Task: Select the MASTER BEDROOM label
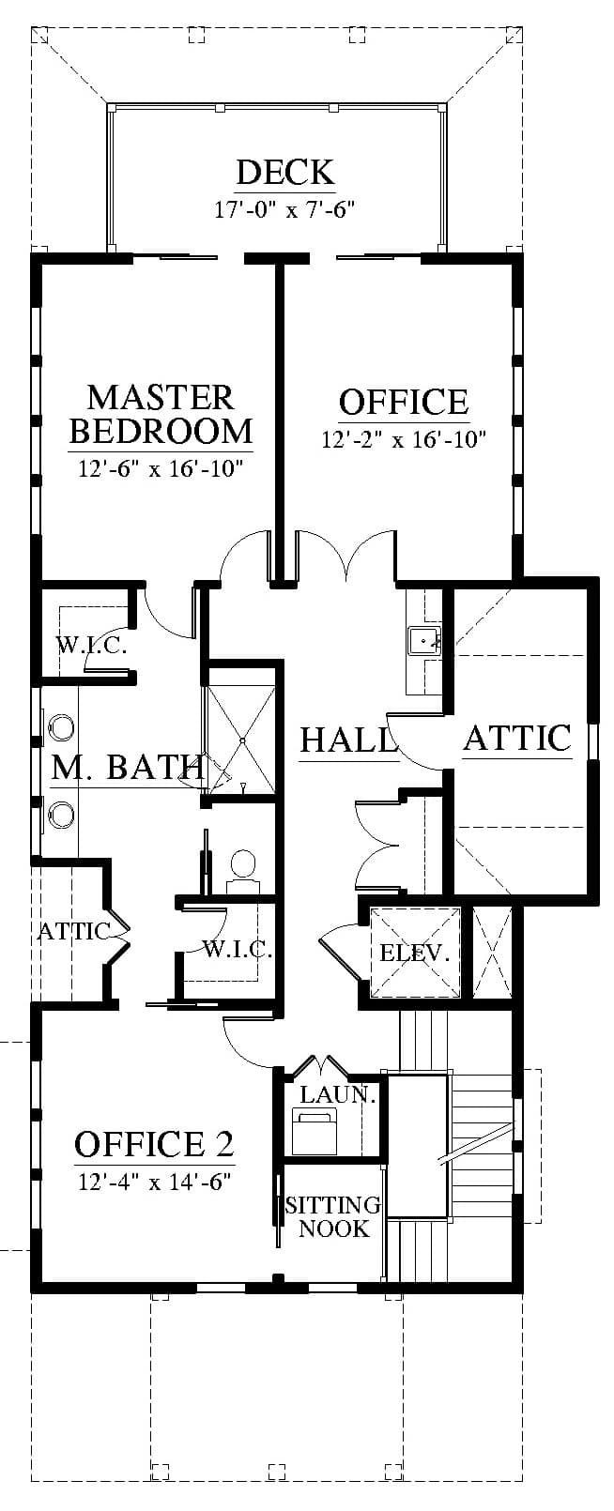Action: pyautogui.click(x=161, y=414)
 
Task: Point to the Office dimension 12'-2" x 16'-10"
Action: pyautogui.click(x=404, y=439)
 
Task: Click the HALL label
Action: pyautogui.click(x=347, y=740)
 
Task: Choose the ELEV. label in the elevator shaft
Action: pyautogui.click(x=414, y=954)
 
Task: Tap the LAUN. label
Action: pyautogui.click(x=338, y=1094)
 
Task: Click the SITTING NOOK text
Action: pyautogui.click(x=333, y=1216)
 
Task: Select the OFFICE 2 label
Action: pyautogui.click(x=154, y=1144)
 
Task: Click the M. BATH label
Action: pyautogui.click(x=127, y=768)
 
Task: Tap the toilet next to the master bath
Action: pyautogui.click(x=243, y=868)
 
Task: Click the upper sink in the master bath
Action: pyautogui.click(x=62, y=727)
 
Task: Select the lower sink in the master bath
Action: pyautogui.click(x=62, y=813)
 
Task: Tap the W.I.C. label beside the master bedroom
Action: pyautogui.click(x=91, y=646)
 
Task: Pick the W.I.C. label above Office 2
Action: pyautogui.click(x=238, y=949)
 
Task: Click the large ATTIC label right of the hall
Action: pyautogui.click(x=517, y=738)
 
